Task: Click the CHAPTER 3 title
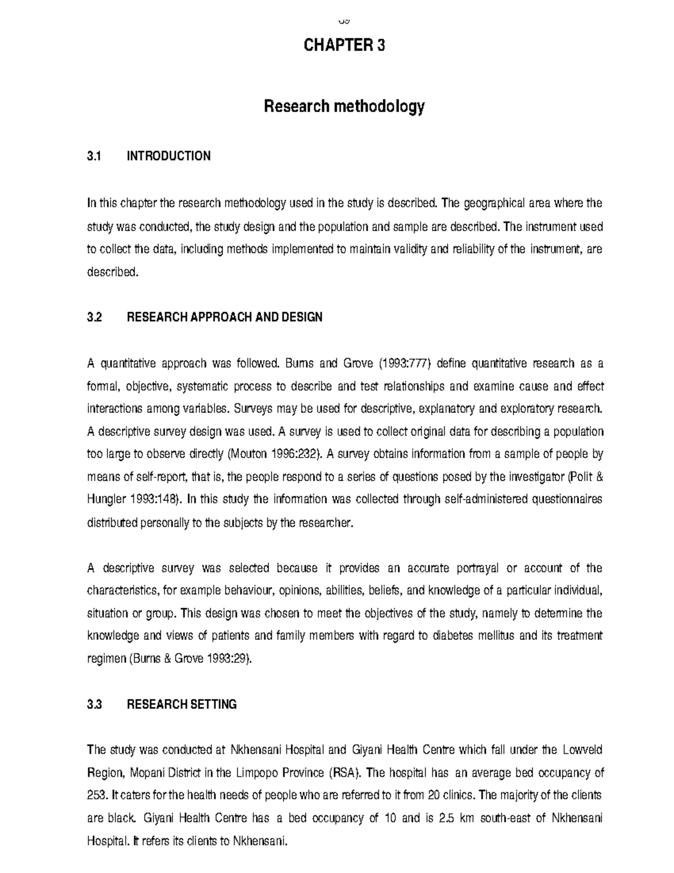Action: pyautogui.click(x=344, y=46)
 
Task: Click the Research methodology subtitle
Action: pyautogui.click(x=344, y=106)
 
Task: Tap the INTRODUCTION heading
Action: pyautogui.click(x=168, y=156)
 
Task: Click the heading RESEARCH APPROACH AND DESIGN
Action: pyautogui.click(x=225, y=317)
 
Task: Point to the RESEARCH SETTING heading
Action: pyautogui.click(x=182, y=704)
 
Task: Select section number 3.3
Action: pyautogui.click(x=94, y=704)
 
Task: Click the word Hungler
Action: pyautogui.click(x=104, y=500)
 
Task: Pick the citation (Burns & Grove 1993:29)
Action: pyautogui.click(x=191, y=659)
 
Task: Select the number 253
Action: pyautogui.click(x=96, y=795)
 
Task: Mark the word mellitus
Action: pyautogui.click(x=497, y=636)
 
